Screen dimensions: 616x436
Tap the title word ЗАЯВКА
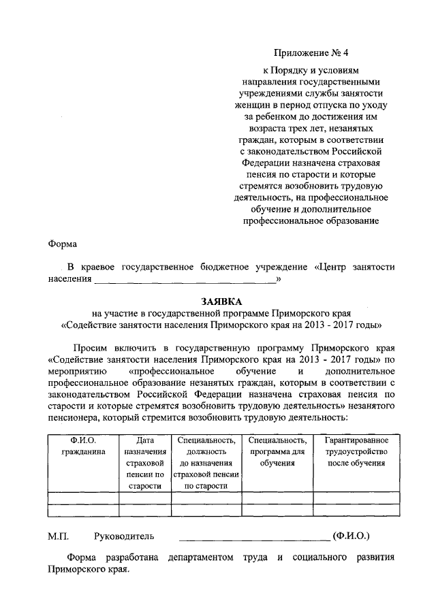point(221,301)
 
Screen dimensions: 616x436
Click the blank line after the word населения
point(185,280)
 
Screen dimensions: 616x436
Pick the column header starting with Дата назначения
point(145,463)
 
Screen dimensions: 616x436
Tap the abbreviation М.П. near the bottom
point(59,536)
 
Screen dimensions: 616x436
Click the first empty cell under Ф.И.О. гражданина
point(83,497)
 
